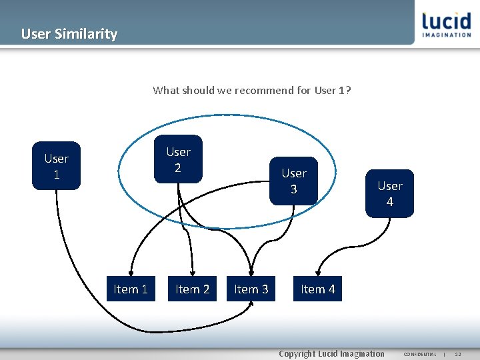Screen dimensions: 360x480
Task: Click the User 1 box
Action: point(56,166)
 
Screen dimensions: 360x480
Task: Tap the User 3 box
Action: point(293,181)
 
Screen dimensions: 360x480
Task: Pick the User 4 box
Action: point(389,193)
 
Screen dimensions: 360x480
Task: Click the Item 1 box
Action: point(131,289)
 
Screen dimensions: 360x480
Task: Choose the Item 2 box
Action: point(192,289)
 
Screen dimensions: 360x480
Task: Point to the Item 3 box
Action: point(251,289)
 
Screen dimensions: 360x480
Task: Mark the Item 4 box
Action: point(317,289)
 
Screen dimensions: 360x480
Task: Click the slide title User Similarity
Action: point(69,33)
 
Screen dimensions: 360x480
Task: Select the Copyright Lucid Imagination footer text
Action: point(331,353)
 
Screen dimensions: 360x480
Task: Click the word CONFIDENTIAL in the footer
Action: point(420,354)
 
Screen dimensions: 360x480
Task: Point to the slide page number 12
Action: point(458,354)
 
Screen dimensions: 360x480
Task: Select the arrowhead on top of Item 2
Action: point(193,273)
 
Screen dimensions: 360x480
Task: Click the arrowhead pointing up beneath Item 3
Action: point(251,305)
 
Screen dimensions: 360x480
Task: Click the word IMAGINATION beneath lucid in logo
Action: point(446,35)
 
